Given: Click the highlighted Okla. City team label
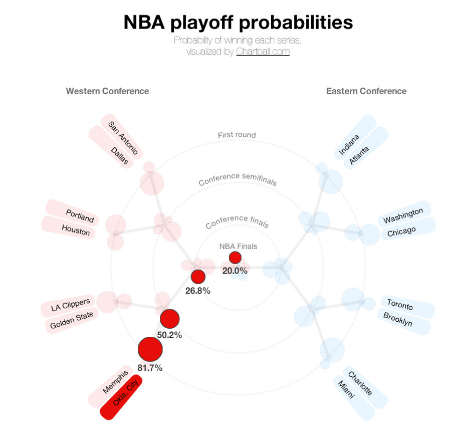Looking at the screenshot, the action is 121,397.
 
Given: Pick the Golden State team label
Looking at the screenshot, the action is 72,320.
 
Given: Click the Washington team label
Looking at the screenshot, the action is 404,214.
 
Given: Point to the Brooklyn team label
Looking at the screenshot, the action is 404,322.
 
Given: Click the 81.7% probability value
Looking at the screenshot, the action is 150,367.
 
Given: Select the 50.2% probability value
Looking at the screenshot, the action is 169,335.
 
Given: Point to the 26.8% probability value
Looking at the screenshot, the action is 198,291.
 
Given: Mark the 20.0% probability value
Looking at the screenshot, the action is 235,271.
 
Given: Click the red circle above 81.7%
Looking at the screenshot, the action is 150,349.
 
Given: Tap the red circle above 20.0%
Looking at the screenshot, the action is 236,258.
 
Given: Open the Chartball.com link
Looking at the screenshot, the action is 263,52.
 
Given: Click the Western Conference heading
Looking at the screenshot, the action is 107,91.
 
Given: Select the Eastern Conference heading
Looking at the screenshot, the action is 366,91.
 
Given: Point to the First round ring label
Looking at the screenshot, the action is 237,135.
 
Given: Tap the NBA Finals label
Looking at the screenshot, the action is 238,246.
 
